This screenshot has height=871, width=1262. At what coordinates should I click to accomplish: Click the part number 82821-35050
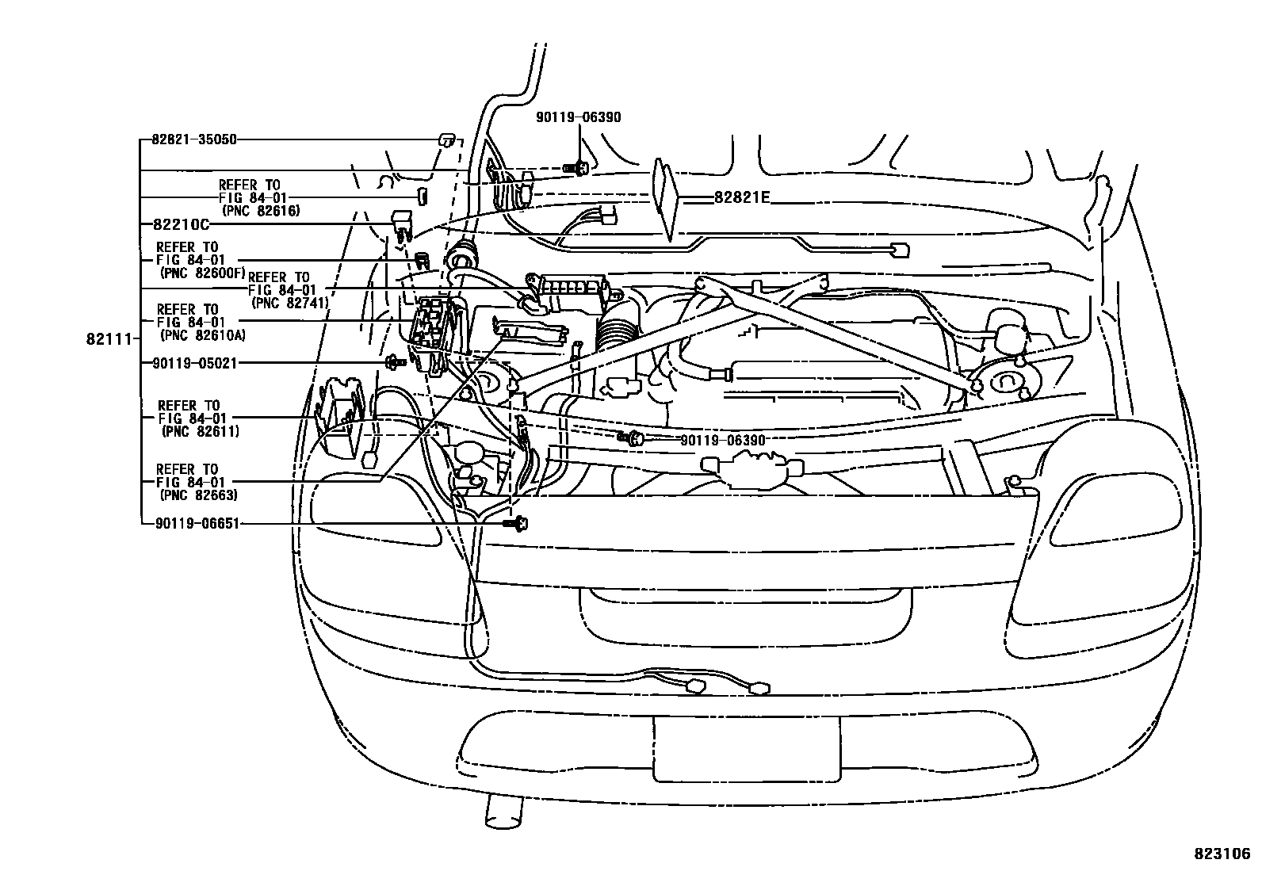[193, 139]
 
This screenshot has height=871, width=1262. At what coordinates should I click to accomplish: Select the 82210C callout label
[175, 224]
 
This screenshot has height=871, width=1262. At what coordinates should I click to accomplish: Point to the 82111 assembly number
[106, 339]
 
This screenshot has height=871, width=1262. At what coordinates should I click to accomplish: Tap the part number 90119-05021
[193, 363]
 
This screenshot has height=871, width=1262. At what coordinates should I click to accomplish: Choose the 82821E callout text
[741, 198]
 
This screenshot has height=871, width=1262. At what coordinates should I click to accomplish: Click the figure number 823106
[1222, 854]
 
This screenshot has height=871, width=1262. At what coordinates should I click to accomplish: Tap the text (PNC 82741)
[289, 302]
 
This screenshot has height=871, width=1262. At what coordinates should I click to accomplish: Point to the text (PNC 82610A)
[203, 335]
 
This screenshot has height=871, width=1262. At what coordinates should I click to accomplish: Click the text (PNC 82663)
[199, 495]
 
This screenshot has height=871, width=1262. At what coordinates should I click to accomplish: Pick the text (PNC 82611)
[199, 431]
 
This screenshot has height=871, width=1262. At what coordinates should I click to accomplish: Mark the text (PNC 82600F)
[203, 272]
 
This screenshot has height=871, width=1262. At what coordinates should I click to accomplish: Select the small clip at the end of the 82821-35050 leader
[447, 140]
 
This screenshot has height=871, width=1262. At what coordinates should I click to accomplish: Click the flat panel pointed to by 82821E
[665, 198]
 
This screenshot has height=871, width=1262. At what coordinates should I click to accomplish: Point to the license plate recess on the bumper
[746, 748]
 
